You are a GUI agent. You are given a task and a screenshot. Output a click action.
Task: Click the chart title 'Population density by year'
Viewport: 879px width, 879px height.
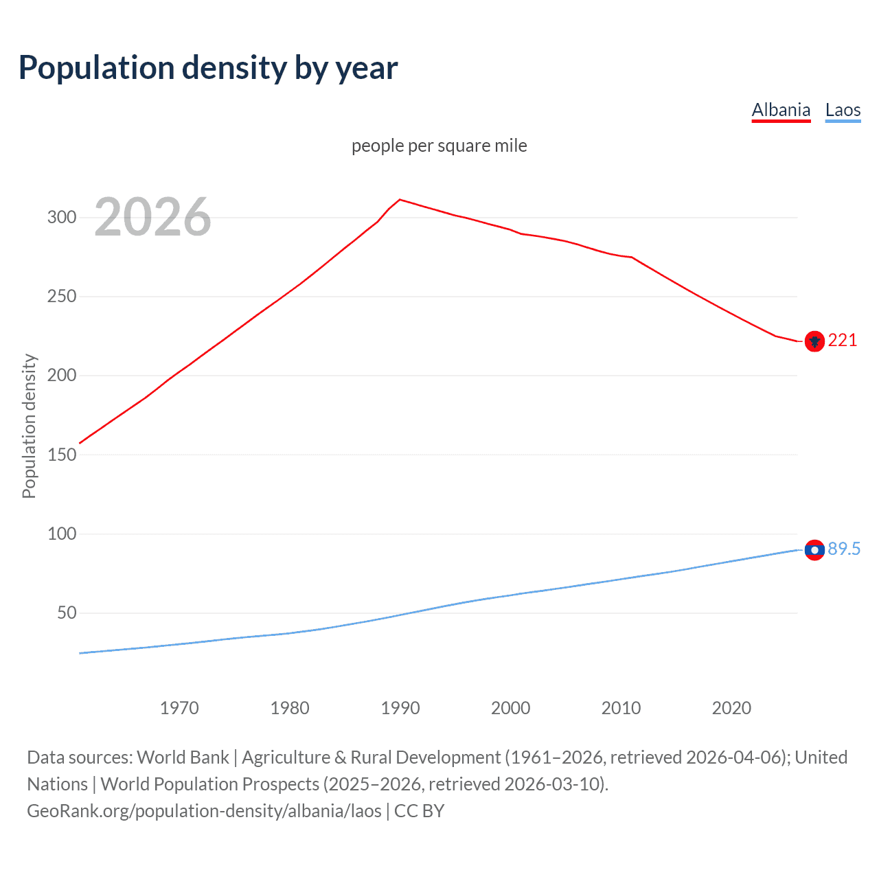pyautogui.click(x=208, y=68)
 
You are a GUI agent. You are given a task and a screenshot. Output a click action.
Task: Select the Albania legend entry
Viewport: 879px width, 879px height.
pyautogui.click(x=781, y=110)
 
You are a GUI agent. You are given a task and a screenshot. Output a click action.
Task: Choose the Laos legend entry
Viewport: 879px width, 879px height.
pyautogui.click(x=843, y=110)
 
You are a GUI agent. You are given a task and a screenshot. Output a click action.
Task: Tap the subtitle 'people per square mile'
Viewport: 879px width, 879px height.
pyautogui.click(x=439, y=146)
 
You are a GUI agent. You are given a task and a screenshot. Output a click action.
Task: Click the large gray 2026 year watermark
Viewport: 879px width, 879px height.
pyautogui.click(x=152, y=217)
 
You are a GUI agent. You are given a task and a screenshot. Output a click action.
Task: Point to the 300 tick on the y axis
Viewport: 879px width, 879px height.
pyautogui.click(x=61, y=218)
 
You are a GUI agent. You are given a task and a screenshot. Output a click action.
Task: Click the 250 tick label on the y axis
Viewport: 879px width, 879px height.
pyautogui.click(x=61, y=297)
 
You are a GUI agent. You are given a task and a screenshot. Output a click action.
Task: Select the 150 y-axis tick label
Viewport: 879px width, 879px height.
pyautogui.click(x=61, y=455)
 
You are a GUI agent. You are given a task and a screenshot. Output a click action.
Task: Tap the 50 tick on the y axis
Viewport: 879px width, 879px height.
pyautogui.click(x=67, y=613)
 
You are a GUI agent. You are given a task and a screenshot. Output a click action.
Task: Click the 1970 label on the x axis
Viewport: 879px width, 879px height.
pyautogui.click(x=179, y=708)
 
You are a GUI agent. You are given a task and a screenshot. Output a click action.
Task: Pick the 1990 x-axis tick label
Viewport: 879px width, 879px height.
pyautogui.click(x=400, y=708)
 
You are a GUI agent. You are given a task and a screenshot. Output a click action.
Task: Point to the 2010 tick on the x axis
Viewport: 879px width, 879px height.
pyautogui.click(x=621, y=708)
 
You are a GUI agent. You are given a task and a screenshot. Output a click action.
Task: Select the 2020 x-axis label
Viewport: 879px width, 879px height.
pyautogui.click(x=731, y=708)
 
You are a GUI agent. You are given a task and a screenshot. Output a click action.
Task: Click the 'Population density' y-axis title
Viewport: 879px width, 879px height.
pyautogui.click(x=29, y=426)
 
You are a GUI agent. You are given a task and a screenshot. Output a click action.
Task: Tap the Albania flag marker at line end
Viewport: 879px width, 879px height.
pyautogui.click(x=814, y=341)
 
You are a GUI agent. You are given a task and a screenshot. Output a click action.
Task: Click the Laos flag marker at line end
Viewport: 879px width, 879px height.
pyautogui.click(x=814, y=550)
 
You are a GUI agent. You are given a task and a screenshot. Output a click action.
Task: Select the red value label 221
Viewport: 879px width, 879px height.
pyautogui.click(x=843, y=341)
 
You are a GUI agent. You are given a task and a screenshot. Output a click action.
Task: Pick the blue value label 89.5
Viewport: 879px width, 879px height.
pyautogui.click(x=844, y=549)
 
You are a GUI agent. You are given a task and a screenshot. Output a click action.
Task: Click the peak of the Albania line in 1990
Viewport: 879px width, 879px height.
pyautogui.click(x=400, y=200)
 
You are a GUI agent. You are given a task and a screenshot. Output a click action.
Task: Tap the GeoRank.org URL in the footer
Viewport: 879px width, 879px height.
pyautogui.click(x=204, y=811)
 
